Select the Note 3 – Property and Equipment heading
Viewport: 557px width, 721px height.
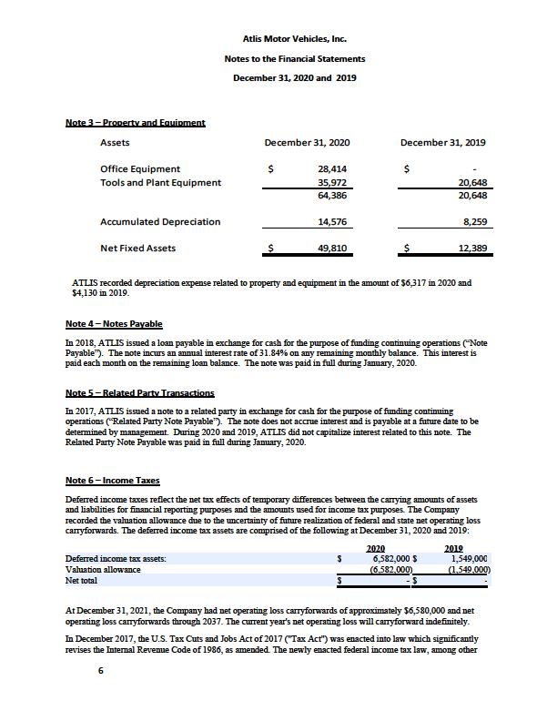(135, 122)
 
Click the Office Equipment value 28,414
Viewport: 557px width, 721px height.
(331, 168)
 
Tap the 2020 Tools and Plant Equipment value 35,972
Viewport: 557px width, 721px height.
(331, 182)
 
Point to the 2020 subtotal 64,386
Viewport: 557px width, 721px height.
(331, 196)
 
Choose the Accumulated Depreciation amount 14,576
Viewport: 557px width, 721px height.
(331, 221)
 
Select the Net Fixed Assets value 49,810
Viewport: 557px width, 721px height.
(331, 248)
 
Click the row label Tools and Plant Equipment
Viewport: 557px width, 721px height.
(160, 182)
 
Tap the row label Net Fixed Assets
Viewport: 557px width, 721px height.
(138, 248)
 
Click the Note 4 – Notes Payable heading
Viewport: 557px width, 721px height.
(114, 324)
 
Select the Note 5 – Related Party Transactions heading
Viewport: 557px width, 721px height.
(139, 393)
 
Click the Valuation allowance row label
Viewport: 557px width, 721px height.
(103, 569)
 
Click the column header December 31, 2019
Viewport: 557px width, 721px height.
(442, 143)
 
